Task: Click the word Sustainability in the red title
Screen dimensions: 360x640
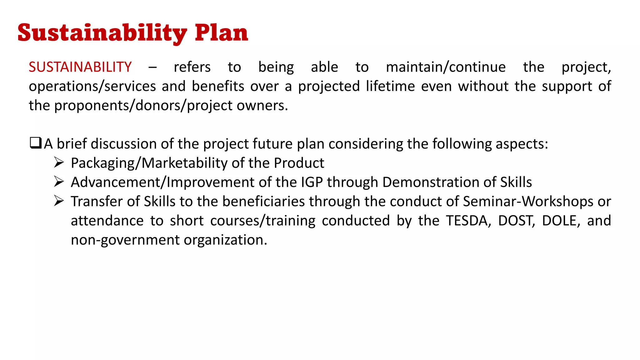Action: pyautogui.click(x=102, y=33)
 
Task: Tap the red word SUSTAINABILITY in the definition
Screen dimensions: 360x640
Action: pyautogui.click(x=80, y=67)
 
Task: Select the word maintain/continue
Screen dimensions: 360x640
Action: pyautogui.click(x=446, y=67)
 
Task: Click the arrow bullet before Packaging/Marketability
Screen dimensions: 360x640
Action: pyautogui.click(x=59, y=162)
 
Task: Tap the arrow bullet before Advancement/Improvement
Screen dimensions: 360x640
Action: pyautogui.click(x=59, y=182)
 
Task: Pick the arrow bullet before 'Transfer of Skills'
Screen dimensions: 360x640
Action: pyautogui.click(x=59, y=201)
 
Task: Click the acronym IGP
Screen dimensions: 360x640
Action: pyautogui.click(x=312, y=182)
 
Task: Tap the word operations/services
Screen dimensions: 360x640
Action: pyautogui.click(x=92, y=87)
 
